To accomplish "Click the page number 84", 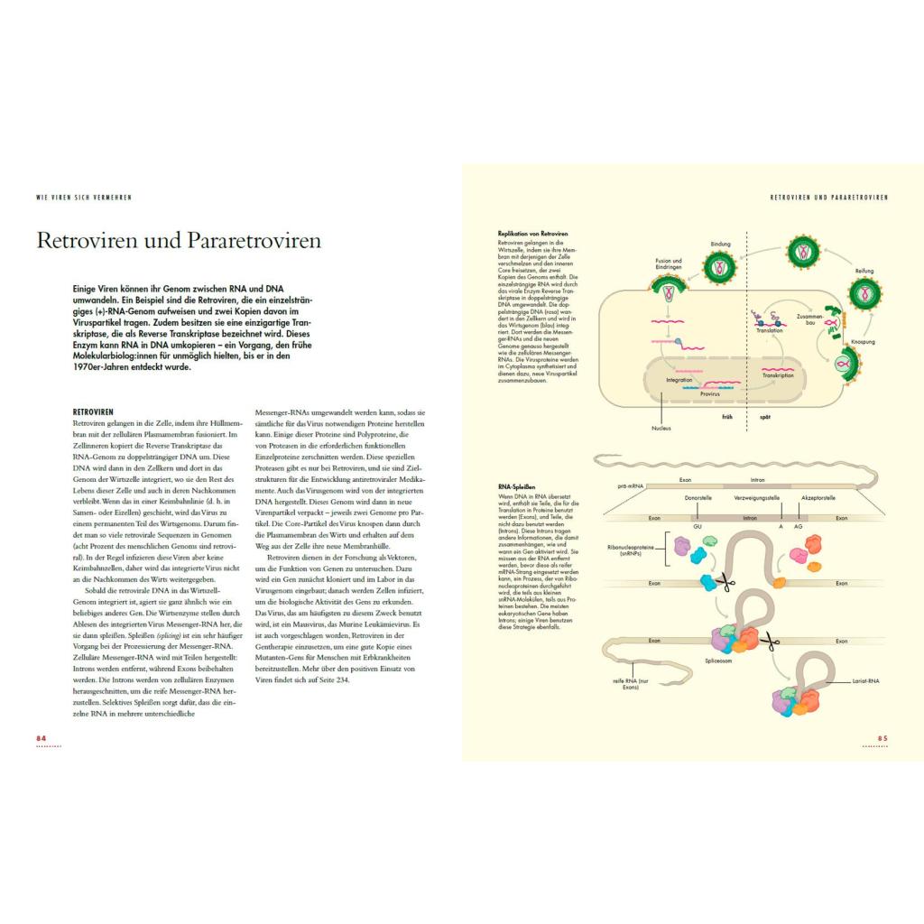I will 41,738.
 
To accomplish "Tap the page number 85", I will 882,738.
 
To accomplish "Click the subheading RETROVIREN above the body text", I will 93,411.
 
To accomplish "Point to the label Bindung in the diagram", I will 720,244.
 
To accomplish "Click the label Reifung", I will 864,271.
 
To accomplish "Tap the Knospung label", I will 863,342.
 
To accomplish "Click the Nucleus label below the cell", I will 661,428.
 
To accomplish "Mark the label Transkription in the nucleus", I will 778,375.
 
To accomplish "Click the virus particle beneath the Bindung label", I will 720,266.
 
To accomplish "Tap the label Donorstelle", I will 700,497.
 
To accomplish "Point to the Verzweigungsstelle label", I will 758,497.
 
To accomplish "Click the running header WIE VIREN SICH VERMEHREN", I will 78,198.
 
